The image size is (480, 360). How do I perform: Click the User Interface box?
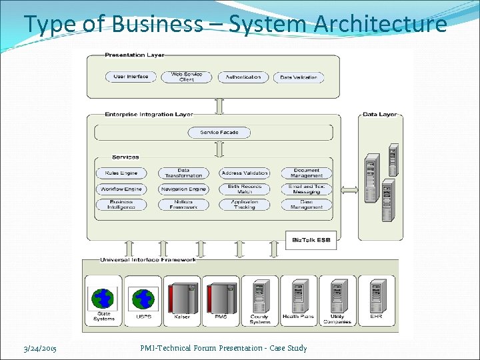(131, 77)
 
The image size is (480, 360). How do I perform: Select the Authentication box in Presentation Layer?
(243, 77)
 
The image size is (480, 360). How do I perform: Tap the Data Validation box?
(299, 77)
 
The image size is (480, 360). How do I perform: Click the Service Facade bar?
(219, 133)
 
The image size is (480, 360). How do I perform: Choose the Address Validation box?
(245, 173)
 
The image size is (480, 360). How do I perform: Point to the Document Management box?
(306, 173)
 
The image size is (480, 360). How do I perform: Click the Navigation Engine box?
(183, 189)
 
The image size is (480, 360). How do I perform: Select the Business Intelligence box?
(121, 205)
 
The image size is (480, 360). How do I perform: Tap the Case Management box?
(306, 205)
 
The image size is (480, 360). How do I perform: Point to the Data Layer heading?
(379, 115)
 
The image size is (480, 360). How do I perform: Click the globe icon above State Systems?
(103, 298)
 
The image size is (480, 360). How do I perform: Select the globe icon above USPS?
(143, 298)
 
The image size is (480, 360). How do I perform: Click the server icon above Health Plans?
(297, 295)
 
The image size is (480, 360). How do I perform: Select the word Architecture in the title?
(381, 24)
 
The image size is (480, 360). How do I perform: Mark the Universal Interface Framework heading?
(148, 259)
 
